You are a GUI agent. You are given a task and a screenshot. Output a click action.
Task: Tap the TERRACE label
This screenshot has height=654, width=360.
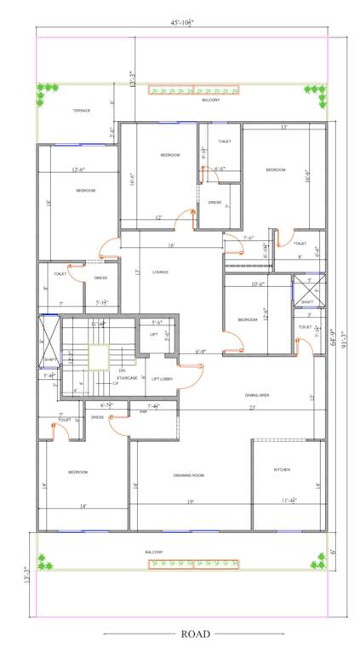coord(82,110)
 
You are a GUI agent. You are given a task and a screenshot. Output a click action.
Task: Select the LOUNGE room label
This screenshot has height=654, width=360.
coord(160,272)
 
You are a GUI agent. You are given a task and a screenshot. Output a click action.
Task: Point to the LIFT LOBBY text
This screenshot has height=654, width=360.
coord(162,378)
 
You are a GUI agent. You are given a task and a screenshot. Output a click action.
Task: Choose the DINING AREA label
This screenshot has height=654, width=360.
coord(256,395)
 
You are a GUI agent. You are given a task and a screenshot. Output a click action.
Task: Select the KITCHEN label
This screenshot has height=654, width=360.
coord(282,469)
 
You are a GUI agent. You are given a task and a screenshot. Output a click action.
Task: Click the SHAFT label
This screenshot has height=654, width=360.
coord(307,301)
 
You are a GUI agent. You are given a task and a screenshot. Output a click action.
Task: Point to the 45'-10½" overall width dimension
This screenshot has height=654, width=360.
coord(183,22)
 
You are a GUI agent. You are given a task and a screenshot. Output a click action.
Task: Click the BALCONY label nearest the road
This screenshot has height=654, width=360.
coord(154,552)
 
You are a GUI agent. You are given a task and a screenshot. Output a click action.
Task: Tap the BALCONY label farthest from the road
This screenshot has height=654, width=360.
coord(210,100)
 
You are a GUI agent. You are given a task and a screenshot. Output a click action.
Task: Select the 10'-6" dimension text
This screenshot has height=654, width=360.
coord(257,284)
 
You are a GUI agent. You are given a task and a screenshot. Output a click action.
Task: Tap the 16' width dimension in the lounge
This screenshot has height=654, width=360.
coord(171,245)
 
